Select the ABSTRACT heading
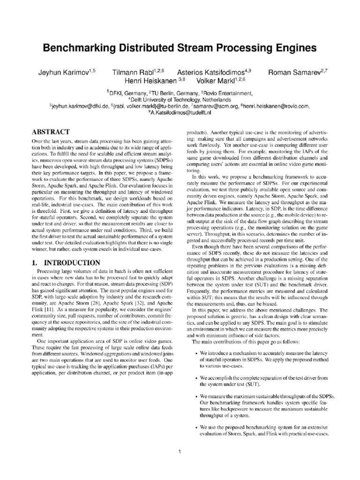[x=51, y=132]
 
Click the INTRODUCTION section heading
[x=72, y=262]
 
